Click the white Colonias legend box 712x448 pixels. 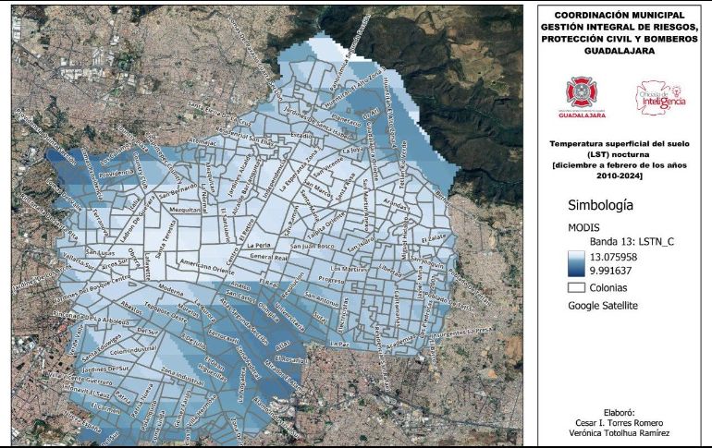click(x=576, y=288)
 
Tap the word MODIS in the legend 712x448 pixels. click(x=584, y=226)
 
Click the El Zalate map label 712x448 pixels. click(x=434, y=239)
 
